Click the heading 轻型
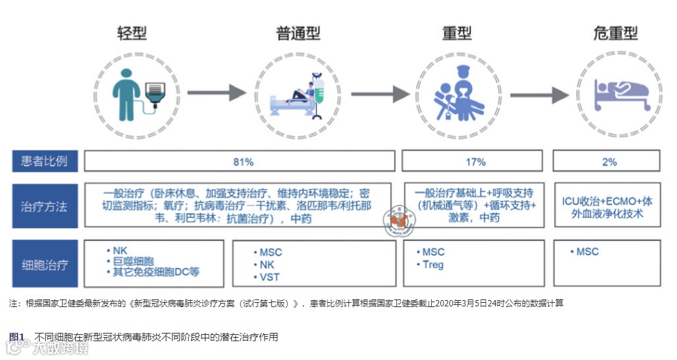click(132, 33)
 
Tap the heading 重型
click(457, 33)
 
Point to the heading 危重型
click(616, 33)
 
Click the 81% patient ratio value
click(243, 162)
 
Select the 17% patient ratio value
click(475, 162)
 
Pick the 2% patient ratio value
click(609, 162)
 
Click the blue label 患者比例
click(45, 162)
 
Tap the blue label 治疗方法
click(45, 206)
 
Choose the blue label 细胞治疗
click(45, 265)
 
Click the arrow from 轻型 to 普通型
click(217, 92)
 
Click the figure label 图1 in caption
click(17, 337)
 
